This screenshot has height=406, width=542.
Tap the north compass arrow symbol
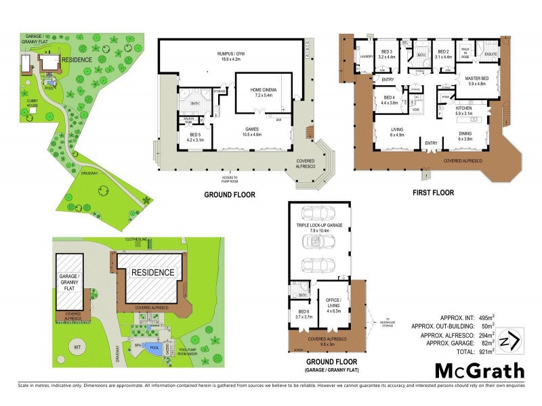pyautogui.click(x=514, y=339)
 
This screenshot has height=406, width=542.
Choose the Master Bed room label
pyautogui.click(x=480, y=82)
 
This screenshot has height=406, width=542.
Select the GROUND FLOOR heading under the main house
pyautogui.click(x=229, y=195)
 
